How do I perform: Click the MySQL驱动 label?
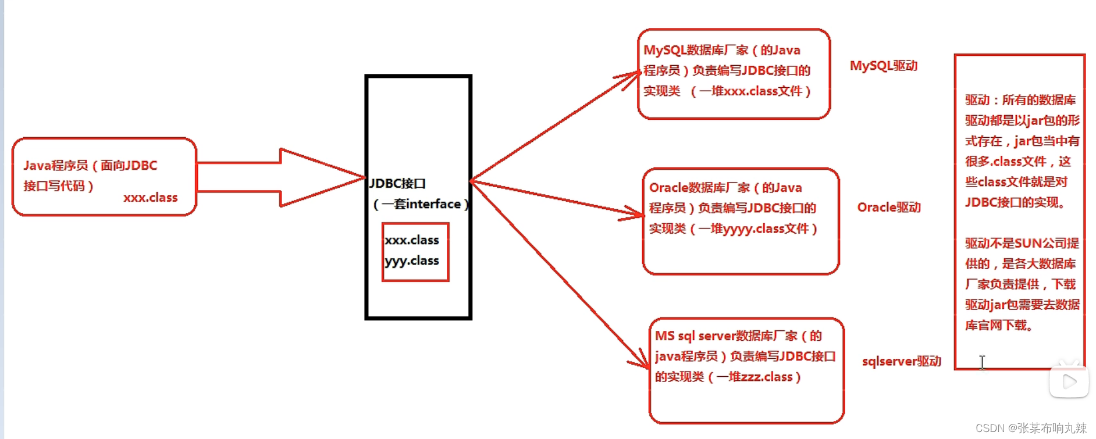tap(883, 66)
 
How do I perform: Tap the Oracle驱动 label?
tap(888, 208)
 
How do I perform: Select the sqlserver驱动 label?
tap(901, 361)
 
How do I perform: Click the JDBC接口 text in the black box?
tap(398, 184)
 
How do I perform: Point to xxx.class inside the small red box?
tap(412, 240)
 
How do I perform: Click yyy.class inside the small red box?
tap(412, 261)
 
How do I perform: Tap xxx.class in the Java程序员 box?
tap(150, 198)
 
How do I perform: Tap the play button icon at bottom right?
tap(1069, 381)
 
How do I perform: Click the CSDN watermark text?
tap(1031, 429)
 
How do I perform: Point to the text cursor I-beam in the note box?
tap(982, 362)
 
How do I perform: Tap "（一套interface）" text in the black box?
tap(421, 204)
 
